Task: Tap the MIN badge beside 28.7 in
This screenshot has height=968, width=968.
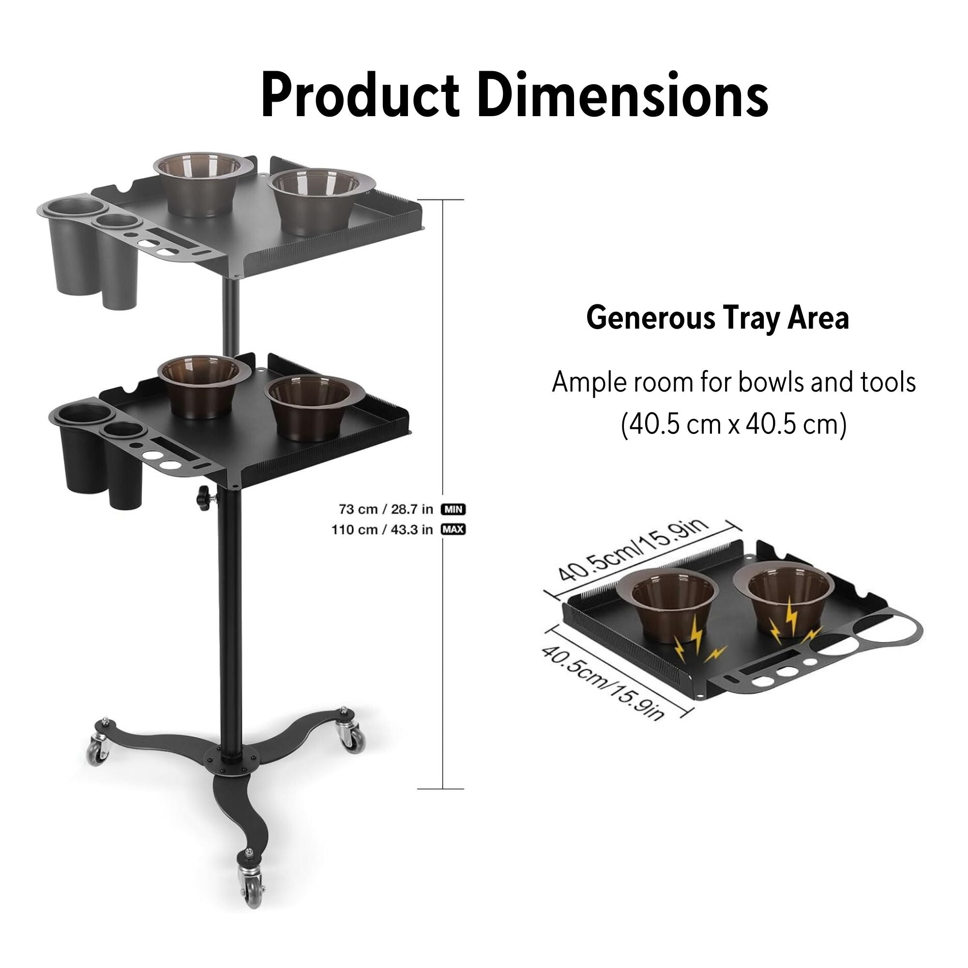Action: point(453,510)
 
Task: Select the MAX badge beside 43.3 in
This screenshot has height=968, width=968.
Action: point(453,529)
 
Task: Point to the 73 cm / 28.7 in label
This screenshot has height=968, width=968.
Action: point(386,510)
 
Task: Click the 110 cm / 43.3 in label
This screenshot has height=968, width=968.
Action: point(382,529)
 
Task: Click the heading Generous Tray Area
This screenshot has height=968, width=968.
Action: point(717,318)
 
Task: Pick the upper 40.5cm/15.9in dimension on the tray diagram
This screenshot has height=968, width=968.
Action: point(634,550)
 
